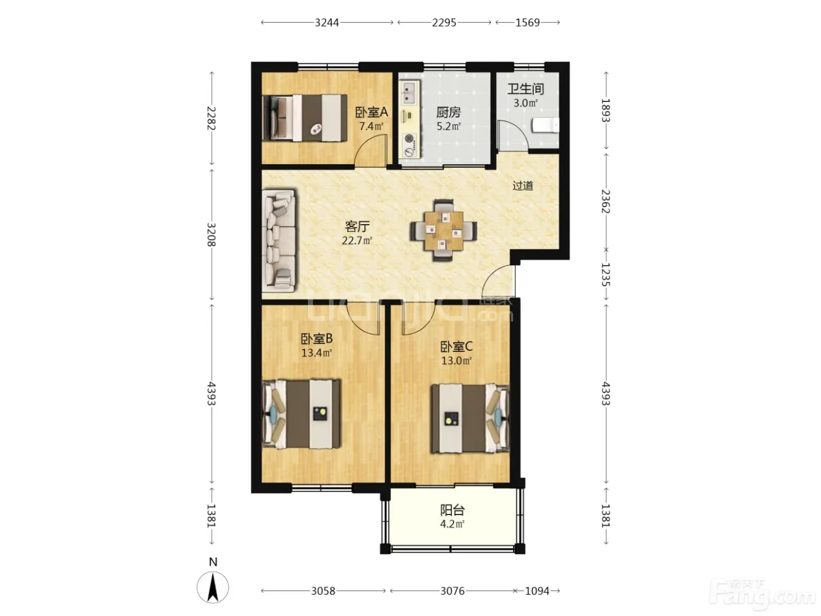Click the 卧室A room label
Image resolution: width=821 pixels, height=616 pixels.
(x=371, y=112)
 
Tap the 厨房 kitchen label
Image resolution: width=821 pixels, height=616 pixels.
(x=449, y=112)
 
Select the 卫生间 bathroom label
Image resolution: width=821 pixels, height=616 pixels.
(x=525, y=89)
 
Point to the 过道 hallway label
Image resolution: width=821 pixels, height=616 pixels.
(x=523, y=185)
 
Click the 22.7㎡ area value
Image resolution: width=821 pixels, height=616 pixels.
(x=357, y=241)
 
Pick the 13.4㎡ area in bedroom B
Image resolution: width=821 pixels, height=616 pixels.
(x=317, y=353)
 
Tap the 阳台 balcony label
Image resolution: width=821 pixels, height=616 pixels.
(x=452, y=510)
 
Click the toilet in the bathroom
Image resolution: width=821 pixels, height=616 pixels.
(x=545, y=125)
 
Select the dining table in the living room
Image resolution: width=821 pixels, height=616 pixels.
(x=443, y=231)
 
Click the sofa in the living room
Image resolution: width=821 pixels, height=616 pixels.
(x=279, y=241)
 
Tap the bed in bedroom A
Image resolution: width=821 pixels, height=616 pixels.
(x=304, y=118)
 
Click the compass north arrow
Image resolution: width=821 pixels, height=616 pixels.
(x=213, y=588)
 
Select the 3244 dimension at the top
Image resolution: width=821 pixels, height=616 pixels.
(x=327, y=23)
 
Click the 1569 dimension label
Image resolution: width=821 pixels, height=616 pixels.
(x=527, y=23)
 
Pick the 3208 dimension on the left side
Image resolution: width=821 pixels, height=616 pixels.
(x=211, y=235)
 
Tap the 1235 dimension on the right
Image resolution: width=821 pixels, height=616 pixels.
(x=606, y=275)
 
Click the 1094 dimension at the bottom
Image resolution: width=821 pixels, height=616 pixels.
(x=537, y=591)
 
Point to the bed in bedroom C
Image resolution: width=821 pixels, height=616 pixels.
(x=470, y=419)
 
